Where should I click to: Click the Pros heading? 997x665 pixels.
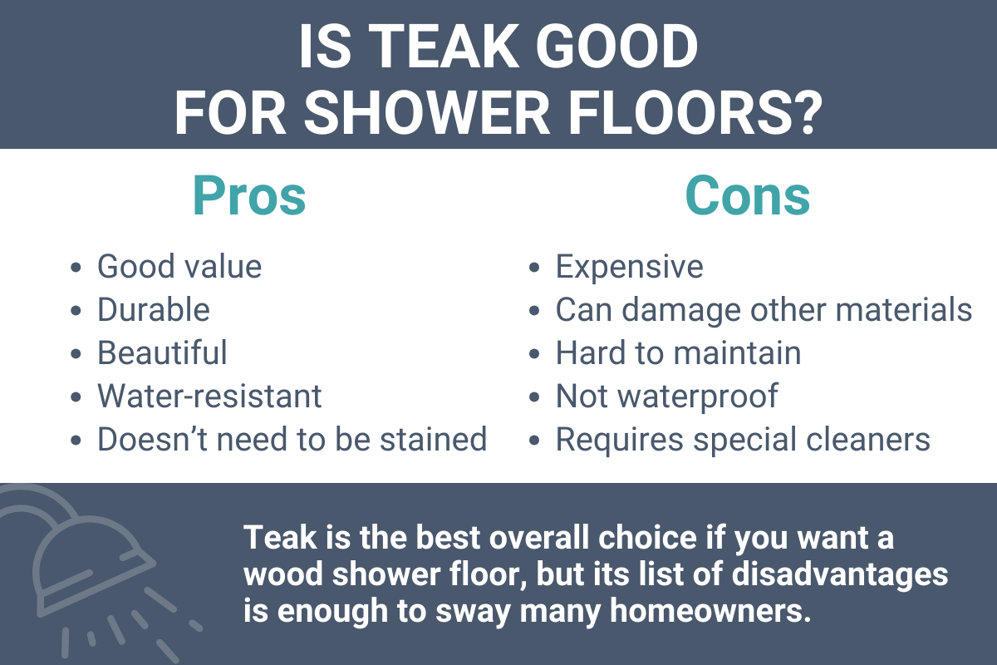point(249,196)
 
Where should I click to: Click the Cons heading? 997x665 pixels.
point(747,196)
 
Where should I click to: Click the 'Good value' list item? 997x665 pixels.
point(179,267)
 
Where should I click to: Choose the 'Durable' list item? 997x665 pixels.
point(154,310)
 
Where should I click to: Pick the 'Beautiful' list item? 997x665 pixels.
point(162,352)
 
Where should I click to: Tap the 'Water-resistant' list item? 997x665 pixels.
point(209,396)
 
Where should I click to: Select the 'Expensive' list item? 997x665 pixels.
point(629,267)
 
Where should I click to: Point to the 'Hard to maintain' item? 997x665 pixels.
point(678,352)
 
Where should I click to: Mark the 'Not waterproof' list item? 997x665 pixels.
point(666,396)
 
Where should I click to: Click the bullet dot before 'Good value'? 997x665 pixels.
point(77,268)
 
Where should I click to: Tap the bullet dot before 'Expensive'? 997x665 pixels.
point(535,268)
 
